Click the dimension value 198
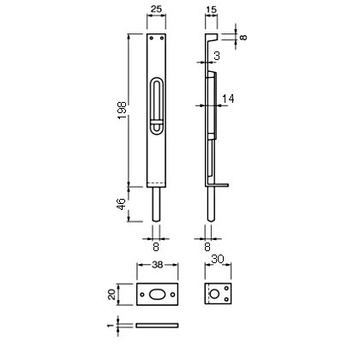pyautogui.click(x=122, y=111)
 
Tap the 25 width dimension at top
pyautogui.click(x=156, y=9)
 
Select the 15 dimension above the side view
pyautogui.click(x=211, y=9)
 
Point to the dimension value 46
pyautogui.click(x=122, y=204)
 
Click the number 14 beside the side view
pyautogui.click(x=228, y=99)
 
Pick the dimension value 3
pyautogui.click(x=217, y=56)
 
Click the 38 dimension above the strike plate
pyautogui.click(x=158, y=265)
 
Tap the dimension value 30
pyautogui.click(x=218, y=260)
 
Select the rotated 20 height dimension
pyautogui.click(x=111, y=294)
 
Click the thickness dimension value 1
pyautogui.click(x=111, y=326)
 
